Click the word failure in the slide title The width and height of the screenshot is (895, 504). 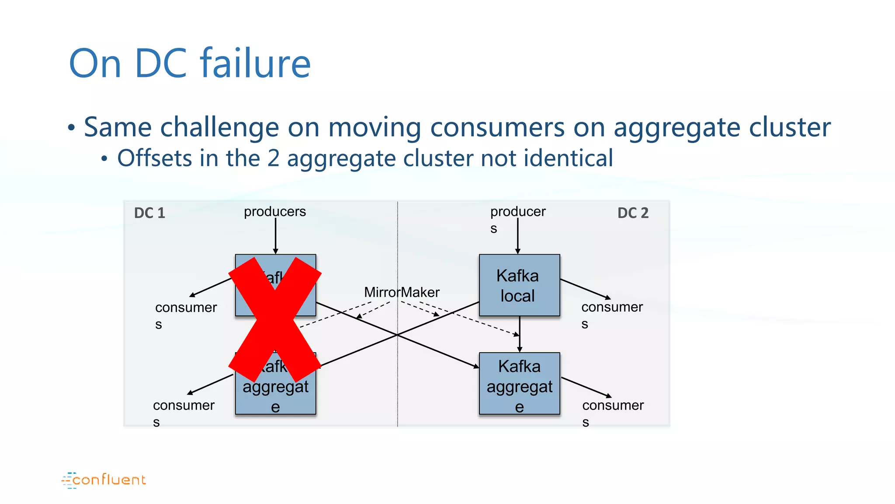pyautogui.click(x=255, y=64)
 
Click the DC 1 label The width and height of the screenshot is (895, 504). pyautogui.click(x=149, y=213)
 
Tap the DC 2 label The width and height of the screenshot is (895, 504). pyautogui.click(x=633, y=213)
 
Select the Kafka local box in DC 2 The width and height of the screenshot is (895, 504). pyautogui.click(x=519, y=285)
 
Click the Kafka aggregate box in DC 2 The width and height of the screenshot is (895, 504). pyautogui.click(x=519, y=384)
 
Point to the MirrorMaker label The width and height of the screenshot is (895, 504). pyautogui.click(x=402, y=292)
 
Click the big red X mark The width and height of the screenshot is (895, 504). pyautogui.click(x=275, y=319)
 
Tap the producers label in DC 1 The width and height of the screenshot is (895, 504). pyautogui.click(x=275, y=212)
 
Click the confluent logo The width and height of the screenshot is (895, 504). pyautogui.click(x=104, y=480)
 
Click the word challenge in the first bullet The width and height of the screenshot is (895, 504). pyautogui.click(x=219, y=127)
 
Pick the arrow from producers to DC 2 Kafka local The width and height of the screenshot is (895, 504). pyautogui.click(x=517, y=236)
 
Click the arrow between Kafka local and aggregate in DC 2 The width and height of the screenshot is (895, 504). pyautogui.click(x=520, y=334)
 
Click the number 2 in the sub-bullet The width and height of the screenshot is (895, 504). pyautogui.click(x=273, y=158)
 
